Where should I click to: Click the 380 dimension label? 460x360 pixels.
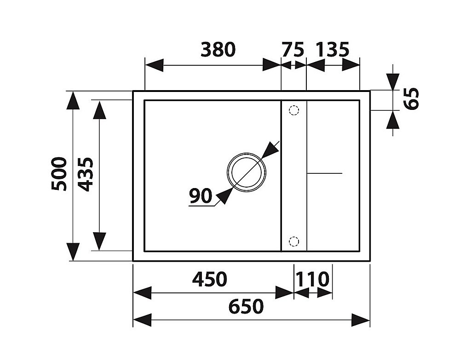point(218,50)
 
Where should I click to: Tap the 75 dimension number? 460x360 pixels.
point(293,50)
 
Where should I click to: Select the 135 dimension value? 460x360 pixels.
point(333,50)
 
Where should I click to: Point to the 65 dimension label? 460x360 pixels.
point(411,99)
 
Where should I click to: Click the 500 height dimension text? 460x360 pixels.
point(59,174)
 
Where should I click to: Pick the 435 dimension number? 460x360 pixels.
point(86,174)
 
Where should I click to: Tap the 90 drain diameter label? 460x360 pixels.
point(201,196)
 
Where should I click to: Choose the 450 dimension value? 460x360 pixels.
point(209,280)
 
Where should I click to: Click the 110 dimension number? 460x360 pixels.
point(313,280)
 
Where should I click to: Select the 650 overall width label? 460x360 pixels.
point(246,306)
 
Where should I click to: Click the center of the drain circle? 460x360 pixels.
point(247,172)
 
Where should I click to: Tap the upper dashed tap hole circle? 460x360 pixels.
point(293,110)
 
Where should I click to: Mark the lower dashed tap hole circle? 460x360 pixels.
point(293,241)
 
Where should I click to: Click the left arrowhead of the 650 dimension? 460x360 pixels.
point(142,320)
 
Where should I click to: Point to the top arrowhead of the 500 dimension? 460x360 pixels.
point(73,100)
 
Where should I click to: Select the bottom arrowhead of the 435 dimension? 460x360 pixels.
point(99,241)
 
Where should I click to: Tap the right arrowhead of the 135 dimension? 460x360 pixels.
point(351,65)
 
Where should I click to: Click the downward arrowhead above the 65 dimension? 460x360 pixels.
point(393,81)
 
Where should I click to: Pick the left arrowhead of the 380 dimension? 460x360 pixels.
point(154,65)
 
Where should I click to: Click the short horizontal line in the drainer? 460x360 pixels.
point(324,173)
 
